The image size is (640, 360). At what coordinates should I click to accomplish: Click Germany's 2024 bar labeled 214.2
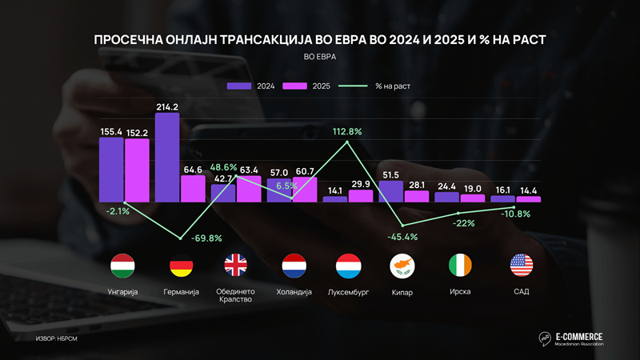[x=166, y=157]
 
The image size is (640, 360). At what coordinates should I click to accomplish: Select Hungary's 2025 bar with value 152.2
[x=137, y=170]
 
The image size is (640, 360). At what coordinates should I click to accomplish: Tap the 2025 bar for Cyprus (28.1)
[x=416, y=195]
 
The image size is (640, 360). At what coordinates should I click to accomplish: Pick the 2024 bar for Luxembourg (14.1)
[x=335, y=198]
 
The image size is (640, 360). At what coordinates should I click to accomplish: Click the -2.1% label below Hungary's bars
[x=118, y=210]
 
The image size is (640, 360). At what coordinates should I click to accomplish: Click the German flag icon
[x=180, y=265]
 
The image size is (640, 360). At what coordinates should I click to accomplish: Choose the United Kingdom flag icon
[x=236, y=265]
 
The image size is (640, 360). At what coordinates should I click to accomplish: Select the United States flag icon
[x=522, y=265]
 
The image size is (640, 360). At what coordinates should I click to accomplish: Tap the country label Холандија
[x=294, y=292]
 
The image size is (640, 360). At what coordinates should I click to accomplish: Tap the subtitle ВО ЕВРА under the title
[x=320, y=56]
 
